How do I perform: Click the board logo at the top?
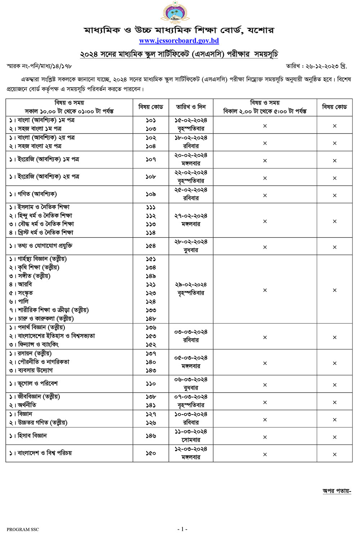pos(175,12)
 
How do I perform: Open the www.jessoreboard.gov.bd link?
pos(179,41)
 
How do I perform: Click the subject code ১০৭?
pos(151,159)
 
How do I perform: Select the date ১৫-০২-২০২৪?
pos(191,121)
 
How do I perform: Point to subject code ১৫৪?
pos(151,246)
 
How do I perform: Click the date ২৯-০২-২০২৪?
pos(191,285)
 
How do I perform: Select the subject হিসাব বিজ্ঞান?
pos(32,436)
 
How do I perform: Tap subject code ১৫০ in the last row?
pos(151,453)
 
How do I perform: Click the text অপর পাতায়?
pos(337,491)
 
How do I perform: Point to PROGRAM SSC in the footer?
pos(23,529)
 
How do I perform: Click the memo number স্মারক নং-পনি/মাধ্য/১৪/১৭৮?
pos(39,66)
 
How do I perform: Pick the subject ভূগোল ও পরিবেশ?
pos(37,384)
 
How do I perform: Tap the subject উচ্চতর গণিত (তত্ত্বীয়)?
pos(42,423)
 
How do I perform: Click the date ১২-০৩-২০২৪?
pos(191,449)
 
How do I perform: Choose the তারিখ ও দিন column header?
pos(191,107)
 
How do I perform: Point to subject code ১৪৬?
pos(151,436)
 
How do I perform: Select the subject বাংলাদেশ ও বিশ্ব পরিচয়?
pos(45,453)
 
